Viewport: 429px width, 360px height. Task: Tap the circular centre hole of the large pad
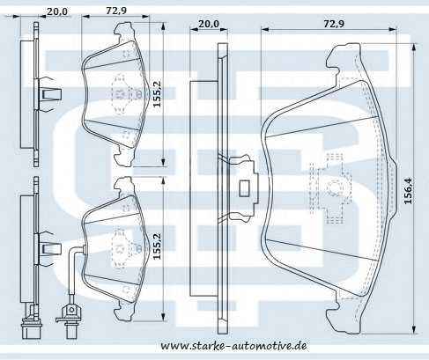pyautogui.click(x=333, y=186)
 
